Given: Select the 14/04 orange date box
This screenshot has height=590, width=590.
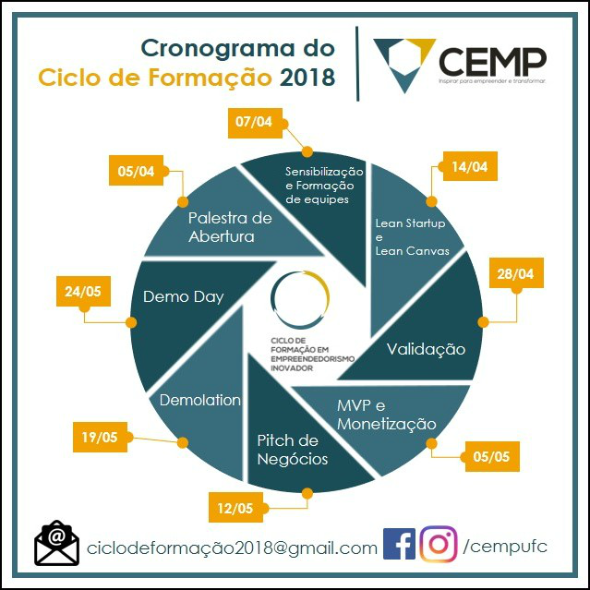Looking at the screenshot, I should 470,167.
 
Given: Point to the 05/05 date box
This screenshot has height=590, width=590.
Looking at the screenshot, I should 491,455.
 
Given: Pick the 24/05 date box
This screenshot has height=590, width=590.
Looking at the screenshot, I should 82,291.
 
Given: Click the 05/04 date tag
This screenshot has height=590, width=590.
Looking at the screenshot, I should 136,172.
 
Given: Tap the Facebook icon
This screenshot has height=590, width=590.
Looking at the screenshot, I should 398,545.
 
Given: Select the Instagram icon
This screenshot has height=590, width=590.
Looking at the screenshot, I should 439,545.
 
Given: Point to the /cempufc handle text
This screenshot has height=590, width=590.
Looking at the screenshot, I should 507,546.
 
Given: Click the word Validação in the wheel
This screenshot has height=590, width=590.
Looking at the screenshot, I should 426,349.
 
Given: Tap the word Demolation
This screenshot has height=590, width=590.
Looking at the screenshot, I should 200,400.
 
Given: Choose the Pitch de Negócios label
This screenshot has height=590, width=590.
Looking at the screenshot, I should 292,449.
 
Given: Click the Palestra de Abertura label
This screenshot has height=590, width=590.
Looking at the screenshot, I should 230,226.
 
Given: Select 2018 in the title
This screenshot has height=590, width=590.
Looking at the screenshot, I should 307,78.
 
